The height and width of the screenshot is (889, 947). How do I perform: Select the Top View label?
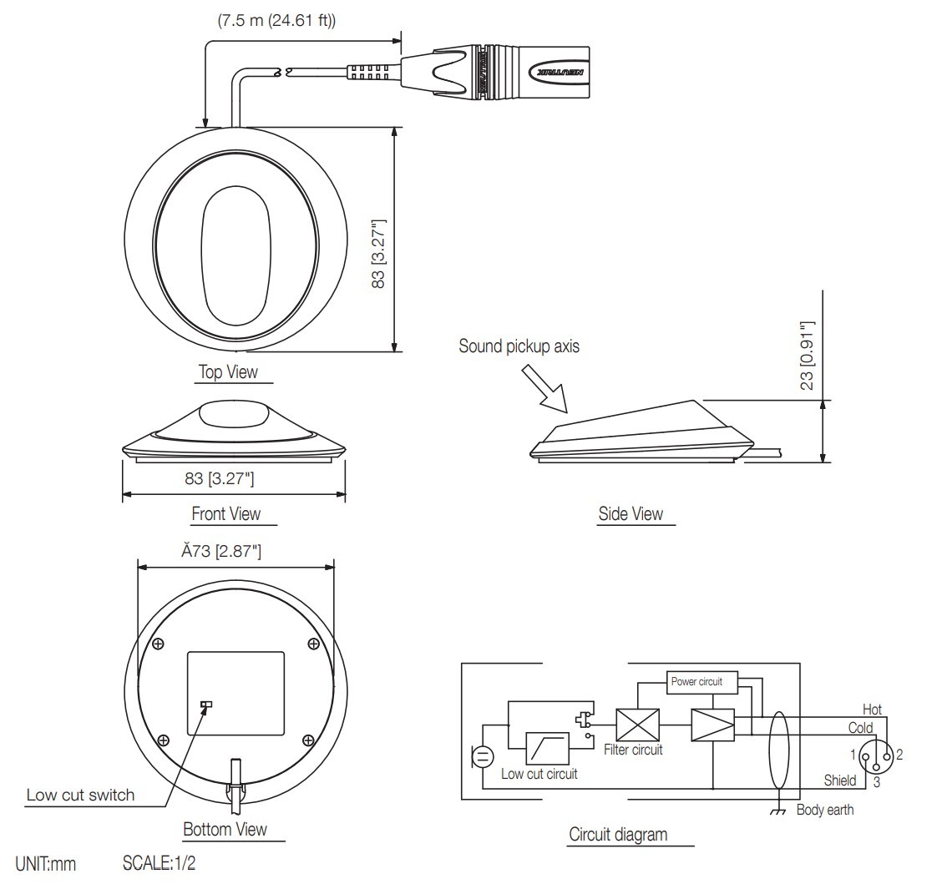(228, 371)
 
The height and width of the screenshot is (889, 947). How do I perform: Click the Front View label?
(225, 514)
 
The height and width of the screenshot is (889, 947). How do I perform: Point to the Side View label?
(630, 514)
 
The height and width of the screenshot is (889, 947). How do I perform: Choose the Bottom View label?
(225, 830)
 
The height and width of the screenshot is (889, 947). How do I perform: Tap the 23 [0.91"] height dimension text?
(806, 356)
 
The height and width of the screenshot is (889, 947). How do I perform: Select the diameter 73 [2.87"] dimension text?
(218, 552)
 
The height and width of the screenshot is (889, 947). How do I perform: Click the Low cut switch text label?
(80, 795)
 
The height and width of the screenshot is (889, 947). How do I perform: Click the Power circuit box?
(702, 682)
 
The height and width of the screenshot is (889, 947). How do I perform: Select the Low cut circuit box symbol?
(548, 749)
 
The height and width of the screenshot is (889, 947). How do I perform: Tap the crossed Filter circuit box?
(637, 724)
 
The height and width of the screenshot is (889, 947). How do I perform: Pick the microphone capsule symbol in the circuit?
(483, 757)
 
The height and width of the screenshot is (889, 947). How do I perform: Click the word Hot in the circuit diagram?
(872, 710)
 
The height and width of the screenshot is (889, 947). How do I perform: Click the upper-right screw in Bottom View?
(313, 643)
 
